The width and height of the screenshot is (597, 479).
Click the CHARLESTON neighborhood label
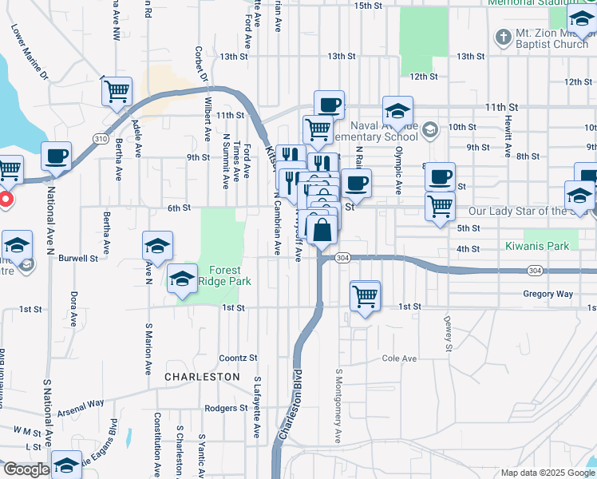click(x=202, y=376)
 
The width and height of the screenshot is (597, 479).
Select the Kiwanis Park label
click(x=537, y=246)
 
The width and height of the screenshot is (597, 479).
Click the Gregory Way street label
click(x=548, y=294)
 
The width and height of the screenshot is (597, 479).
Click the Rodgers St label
click(x=226, y=408)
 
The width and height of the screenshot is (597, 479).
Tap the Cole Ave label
click(x=399, y=358)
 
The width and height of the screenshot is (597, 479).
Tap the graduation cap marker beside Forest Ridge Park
click(x=183, y=279)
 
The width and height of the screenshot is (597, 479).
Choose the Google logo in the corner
click(x=26, y=470)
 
